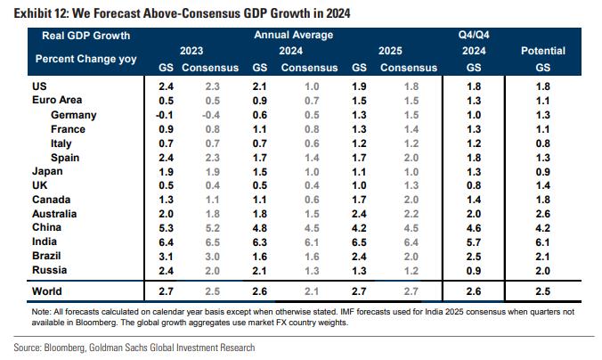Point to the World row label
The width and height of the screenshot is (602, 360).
pyautogui.click(x=47, y=290)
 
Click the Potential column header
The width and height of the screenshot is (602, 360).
pyautogui.click(x=542, y=51)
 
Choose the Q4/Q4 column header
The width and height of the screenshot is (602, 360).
pyautogui.click(x=473, y=35)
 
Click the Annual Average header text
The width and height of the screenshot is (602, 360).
pyautogui.click(x=294, y=35)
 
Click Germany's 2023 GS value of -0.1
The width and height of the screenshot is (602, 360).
pyautogui.click(x=165, y=115)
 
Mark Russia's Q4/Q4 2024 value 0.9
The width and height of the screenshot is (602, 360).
pyautogui.click(x=473, y=269)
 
